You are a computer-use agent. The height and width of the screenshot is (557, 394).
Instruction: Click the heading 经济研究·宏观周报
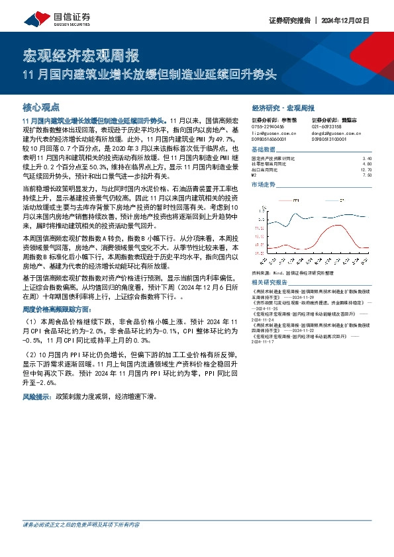click(x=283, y=108)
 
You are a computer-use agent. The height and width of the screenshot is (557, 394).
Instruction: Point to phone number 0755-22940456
click(x=268, y=126)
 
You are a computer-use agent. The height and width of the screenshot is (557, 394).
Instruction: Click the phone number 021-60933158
click(x=326, y=126)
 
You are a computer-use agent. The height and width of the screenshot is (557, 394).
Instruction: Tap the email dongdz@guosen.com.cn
click(x=334, y=133)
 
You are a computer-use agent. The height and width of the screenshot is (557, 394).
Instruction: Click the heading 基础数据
click(x=265, y=150)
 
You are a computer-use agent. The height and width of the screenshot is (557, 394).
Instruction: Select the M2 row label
click(x=256, y=175)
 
